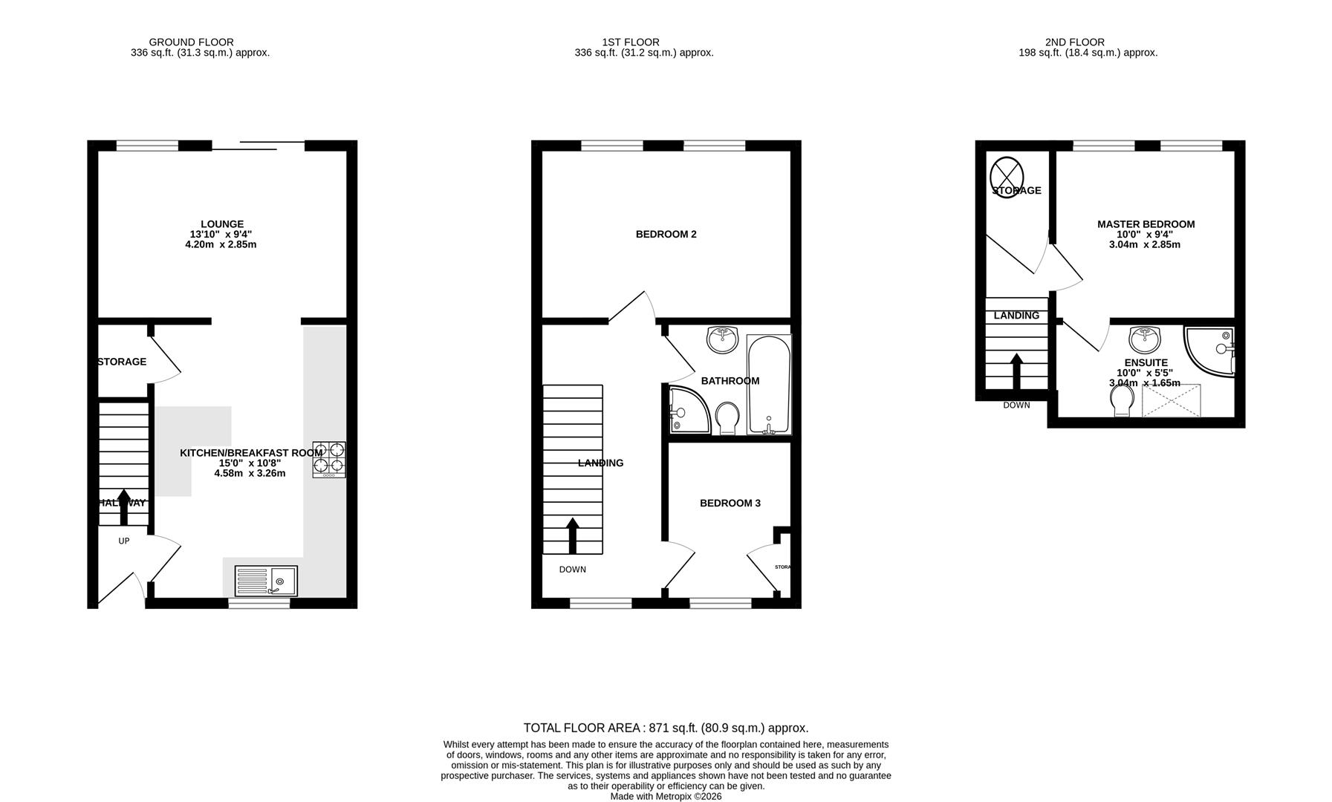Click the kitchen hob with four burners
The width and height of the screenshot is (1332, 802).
click(329, 459)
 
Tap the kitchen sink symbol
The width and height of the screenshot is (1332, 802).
click(266, 581)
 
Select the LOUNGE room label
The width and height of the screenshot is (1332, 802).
click(221, 224)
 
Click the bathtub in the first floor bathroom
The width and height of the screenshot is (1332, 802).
click(769, 385)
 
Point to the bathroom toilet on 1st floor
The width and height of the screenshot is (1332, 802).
click(727, 418)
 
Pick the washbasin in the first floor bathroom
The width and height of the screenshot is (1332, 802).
click(722, 340)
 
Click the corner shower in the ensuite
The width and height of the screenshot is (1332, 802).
click(1211, 351)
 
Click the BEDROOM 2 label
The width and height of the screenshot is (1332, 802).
click(666, 235)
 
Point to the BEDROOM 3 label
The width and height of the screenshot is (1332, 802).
click(730, 503)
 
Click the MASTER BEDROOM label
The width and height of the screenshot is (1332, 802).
click(1146, 224)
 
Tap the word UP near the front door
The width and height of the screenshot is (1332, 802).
click(124, 541)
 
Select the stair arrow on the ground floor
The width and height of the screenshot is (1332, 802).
click(123, 506)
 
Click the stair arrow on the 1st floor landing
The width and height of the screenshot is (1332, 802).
click(572, 535)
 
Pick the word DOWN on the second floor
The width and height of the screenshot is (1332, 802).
click(1016, 405)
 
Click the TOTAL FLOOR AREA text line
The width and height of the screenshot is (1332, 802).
click(666, 728)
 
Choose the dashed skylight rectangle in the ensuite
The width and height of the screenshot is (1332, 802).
click(1171, 400)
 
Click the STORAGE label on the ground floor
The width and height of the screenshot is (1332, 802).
click(123, 362)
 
